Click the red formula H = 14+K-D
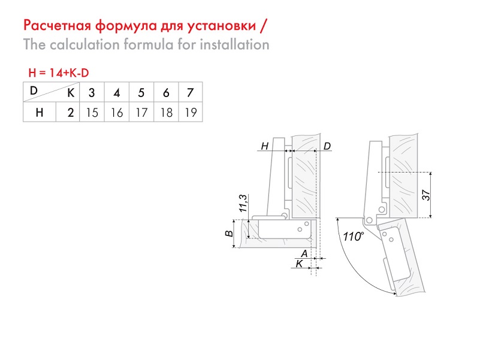[59, 73]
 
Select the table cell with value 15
[92, 113]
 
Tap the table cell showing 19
[191, 113]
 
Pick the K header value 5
[141, 92]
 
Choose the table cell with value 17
[141, 113]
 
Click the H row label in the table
[40, 113]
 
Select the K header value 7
[191, 92]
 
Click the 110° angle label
[354, 237]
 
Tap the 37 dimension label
[426, 195]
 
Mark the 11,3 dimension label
[243, 203]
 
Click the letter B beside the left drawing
[229, 234]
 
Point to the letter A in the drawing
[304, 253]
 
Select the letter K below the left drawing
[299, 264]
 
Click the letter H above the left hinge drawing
[265, 146]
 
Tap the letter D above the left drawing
[327, 146]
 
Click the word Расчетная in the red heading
[58, 26]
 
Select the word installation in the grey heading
[235, 45]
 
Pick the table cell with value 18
[166, 113]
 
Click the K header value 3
[92, 92]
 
